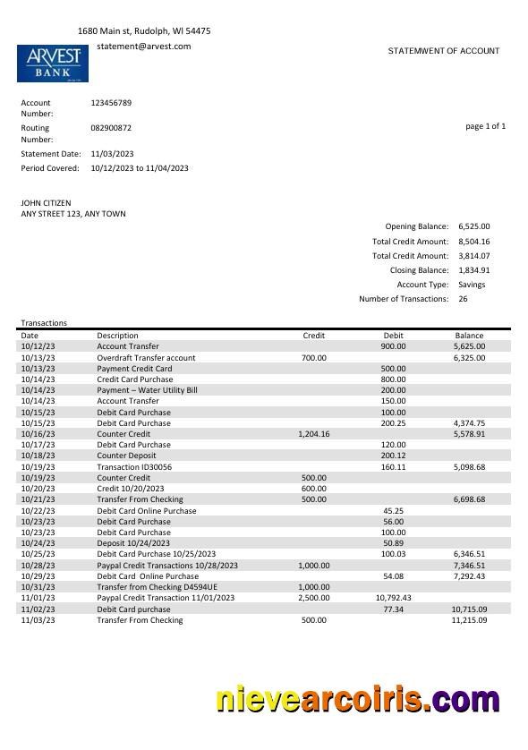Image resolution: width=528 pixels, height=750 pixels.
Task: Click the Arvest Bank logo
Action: point(54,63)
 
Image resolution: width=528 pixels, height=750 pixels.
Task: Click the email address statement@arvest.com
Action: point(143,46)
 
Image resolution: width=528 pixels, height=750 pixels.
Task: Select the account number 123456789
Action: point(111,103)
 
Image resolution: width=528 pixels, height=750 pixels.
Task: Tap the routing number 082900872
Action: point(111,128)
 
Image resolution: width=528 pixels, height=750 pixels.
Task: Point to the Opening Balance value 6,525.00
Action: point(473,227)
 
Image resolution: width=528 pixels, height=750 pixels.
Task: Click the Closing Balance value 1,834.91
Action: point(473,270)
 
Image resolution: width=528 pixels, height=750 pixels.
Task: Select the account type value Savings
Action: point(472,285)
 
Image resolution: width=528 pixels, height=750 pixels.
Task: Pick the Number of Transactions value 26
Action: point(464,299)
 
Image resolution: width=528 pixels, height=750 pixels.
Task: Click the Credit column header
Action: point(314,336)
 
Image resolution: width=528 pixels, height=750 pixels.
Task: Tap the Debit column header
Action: point(394,336)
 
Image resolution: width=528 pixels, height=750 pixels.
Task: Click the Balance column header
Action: point(469,336)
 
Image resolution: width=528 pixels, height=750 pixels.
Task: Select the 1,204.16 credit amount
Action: point(313,434)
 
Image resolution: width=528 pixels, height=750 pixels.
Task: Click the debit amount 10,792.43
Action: point(393,598)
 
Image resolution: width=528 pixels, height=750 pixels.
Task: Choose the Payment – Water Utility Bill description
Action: point(147,390)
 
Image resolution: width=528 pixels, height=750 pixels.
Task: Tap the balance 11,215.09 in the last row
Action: point(469,620)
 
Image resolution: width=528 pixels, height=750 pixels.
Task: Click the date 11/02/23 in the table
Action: point(38,609)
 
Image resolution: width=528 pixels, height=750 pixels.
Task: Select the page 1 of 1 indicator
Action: point(485,126)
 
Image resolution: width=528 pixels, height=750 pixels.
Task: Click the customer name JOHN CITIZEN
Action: point(46,203)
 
